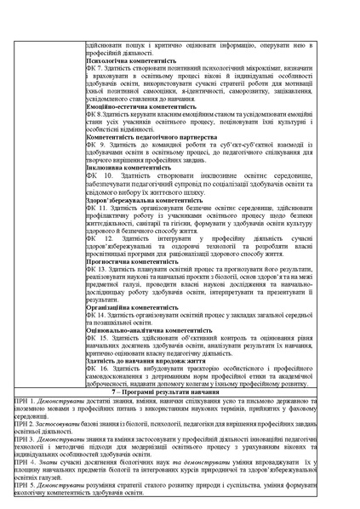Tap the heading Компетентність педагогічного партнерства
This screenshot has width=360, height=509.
[x=150, y=136]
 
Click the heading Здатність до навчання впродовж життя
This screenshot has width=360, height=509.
[x=146, y=360]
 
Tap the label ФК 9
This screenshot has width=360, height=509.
[x=95, y=144]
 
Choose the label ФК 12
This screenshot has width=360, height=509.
[x=97, y=237]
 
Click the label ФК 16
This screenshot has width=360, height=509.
[x=97, y=368]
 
